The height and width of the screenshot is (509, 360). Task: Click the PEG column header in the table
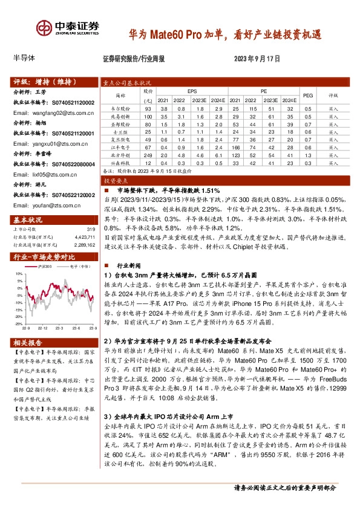pyautogui.click(x=308, y=95)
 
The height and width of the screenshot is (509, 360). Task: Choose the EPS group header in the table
pyautogui.click(x=192, y=91)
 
